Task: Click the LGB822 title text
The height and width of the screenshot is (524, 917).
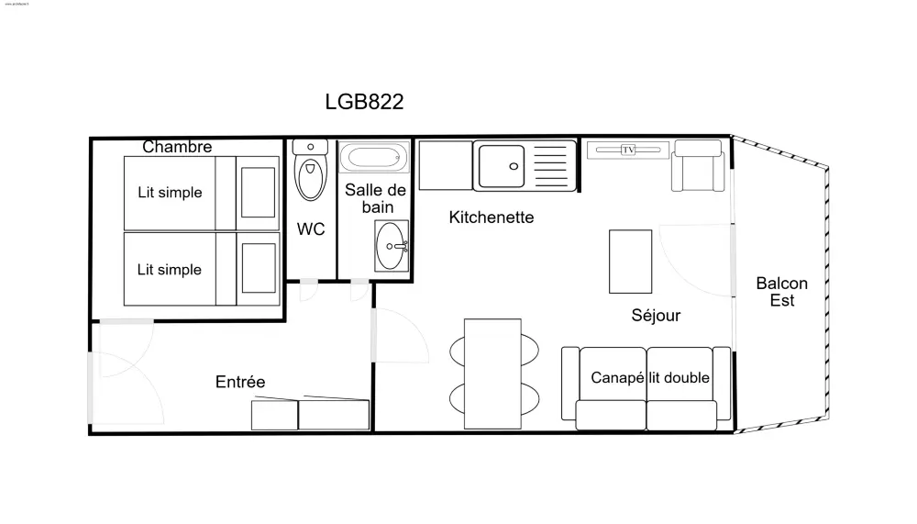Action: (x=364, y=102)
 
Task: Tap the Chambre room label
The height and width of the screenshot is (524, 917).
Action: (x=177, y=147)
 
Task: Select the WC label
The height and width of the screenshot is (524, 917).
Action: (x=311, y=229)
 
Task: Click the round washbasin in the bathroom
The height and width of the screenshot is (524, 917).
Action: (x=393, y=245)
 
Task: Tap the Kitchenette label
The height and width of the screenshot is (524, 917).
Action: (x=492, y=217)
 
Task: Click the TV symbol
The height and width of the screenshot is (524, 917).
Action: (x=628, y=150)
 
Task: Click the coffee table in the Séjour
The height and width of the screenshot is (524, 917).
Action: (x=631, y=262)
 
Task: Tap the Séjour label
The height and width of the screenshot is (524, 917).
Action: (x=656, y=316)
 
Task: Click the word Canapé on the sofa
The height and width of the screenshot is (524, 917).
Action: (x=616, y=378)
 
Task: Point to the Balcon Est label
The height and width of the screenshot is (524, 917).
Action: (x=781, y=292)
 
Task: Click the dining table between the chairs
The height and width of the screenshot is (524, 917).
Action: (x=492, y=372)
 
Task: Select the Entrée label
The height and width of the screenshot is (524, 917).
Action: (x=240, y=382)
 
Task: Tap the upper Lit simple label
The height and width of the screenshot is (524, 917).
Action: (x=170, y=193)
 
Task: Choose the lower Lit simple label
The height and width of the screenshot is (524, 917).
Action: (x=170, y=270)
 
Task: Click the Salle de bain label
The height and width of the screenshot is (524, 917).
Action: (x=375, y=198)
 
